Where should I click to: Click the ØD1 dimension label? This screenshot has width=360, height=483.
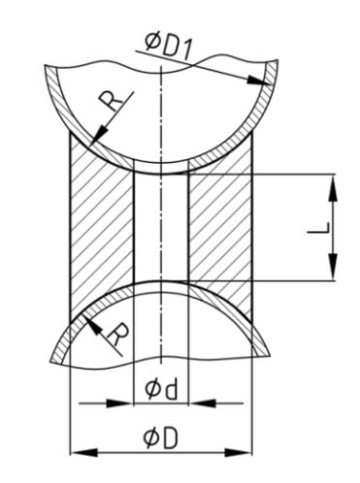(x=169, y=48)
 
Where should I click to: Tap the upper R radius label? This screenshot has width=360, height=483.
(x=111, y=100)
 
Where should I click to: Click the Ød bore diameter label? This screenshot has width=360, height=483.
(x=161, y=389)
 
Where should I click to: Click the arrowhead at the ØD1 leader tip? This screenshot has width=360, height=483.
(x=258, y=80)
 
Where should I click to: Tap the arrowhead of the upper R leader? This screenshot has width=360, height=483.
(x=99, y=135)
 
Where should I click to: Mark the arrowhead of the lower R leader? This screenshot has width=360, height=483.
(x=91, y=324)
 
